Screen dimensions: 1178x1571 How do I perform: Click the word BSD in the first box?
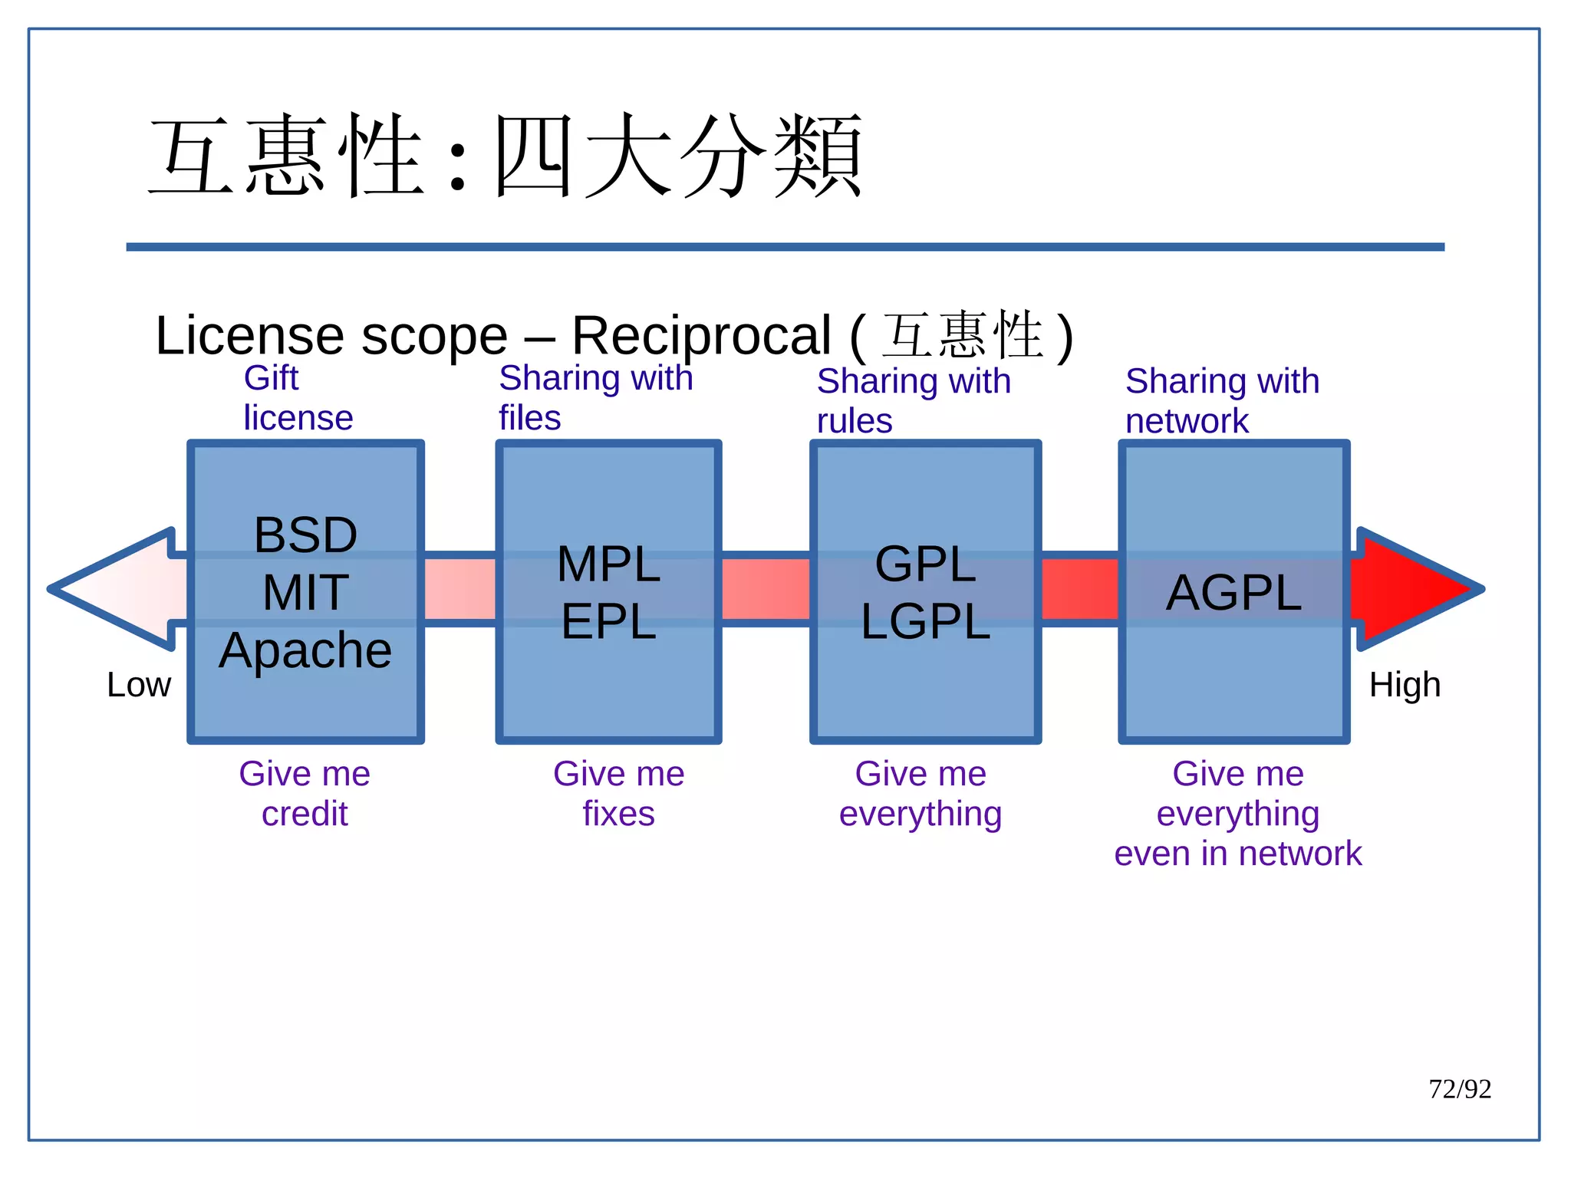click(305, 535)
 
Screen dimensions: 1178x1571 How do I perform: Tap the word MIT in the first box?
click(305, 592)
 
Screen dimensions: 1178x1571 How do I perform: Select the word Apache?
click(305, 650)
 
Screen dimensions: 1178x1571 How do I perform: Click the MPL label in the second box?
click(608, 564)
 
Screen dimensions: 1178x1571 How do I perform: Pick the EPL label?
click(608, 621)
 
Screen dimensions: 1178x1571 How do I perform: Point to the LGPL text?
click(925, 621)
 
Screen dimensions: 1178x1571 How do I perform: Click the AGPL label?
click(1233, 592)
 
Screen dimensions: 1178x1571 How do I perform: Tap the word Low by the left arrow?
click(139, 684)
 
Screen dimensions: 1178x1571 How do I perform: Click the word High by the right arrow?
click(1405, 684)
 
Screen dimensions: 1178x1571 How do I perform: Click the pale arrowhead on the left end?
click(115, 589)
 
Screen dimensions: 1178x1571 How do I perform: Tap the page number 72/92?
click(1459, 1089)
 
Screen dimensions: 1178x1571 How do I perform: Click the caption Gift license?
click(298, 398)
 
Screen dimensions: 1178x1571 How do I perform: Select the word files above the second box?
click(529, 418)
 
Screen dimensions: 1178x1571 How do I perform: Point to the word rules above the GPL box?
click(854, 421)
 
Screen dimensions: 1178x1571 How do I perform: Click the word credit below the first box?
click(305, 813)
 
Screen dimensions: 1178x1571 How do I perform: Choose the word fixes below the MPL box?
click(618, 813)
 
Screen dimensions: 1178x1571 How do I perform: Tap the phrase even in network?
click(1237, 853)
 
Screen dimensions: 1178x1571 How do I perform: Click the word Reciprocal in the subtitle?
click(701, 335)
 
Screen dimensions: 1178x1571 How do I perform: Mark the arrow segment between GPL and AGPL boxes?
click(1079, 589)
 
